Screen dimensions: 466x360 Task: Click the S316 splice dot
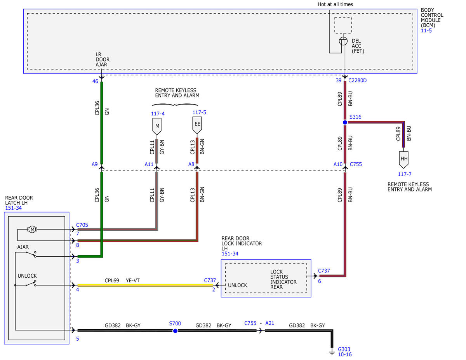[345, 122]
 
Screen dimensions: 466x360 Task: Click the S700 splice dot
[175, 331]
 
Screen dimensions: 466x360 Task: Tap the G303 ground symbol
[332, 353]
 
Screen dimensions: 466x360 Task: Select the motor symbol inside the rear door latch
[32, 230]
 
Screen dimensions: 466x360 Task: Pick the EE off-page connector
[197, 125]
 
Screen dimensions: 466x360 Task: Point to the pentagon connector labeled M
[157, 127]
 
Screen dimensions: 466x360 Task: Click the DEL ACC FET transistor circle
[343, 41]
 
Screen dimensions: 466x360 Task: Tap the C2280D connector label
[358, 80]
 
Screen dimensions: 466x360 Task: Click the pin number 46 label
[95, 81]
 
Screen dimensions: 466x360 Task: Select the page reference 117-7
[405, 174]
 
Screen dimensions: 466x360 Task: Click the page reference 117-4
[158, 114]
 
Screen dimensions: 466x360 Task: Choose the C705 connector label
[82, 225]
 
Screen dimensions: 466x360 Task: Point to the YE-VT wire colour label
[133, 280]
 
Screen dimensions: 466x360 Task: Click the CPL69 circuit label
[112, 280]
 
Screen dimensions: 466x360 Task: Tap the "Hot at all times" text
[335, 4]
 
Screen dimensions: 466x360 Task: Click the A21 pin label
[270, 323]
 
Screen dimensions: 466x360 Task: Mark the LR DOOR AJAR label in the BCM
[103, 59]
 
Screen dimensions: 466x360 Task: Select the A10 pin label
[338, 164]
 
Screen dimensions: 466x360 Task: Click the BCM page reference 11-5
[426, 30]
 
